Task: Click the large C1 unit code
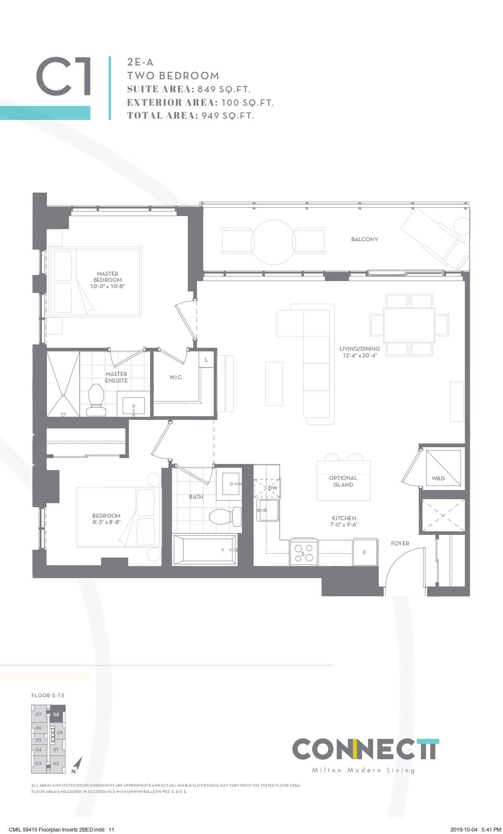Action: coord(64,77)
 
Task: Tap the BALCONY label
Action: coord(364,239)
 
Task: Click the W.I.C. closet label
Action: coord(176,377)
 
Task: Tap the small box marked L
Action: coord(206,360)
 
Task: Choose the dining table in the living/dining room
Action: coord(409,325)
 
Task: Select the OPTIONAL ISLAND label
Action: coord(343,481)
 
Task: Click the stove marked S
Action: coord(304,553)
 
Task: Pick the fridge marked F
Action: coord(364,553)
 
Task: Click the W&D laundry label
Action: coord(438,478)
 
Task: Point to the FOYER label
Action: coord(400,543)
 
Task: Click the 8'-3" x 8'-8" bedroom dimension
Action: coord(106,522)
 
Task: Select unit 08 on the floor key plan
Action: coord(57,714)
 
